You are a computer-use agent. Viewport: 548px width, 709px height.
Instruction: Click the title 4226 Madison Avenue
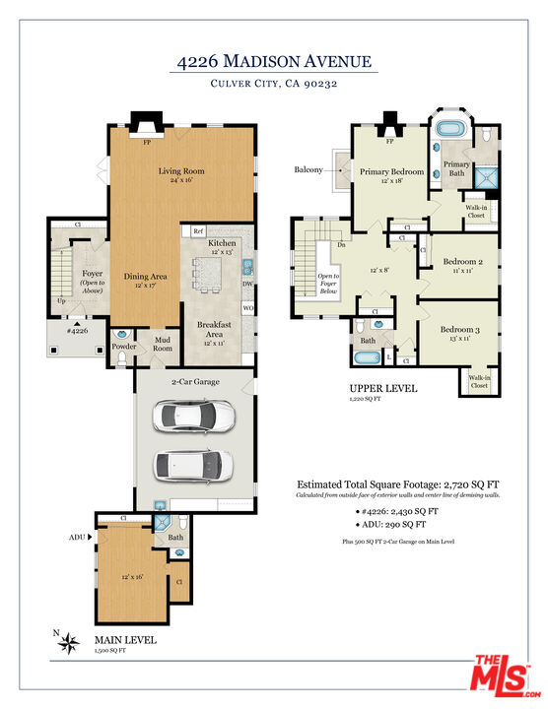click(274, 62)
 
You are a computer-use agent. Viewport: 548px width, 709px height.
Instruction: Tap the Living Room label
click(180, 171)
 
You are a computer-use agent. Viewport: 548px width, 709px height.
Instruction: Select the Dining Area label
click(145, 277)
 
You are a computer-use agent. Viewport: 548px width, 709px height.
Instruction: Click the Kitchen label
click(221, 242)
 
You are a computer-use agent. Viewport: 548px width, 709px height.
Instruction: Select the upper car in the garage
click(193, 418)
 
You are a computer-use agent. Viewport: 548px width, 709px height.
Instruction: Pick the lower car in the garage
click(193, 464)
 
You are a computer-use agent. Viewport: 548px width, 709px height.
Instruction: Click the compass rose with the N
click(69, 645)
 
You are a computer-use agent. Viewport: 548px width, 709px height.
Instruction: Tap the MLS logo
click(501, 676)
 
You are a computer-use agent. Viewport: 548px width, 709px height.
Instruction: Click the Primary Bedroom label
click(390, 171)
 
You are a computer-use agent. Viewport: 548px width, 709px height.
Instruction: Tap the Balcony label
click(308, 170)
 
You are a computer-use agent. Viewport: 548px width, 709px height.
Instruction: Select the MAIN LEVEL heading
click(124, 640)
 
